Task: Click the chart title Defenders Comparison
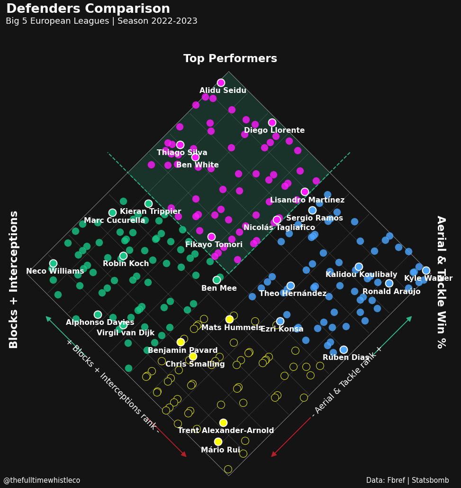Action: tap(88, 9)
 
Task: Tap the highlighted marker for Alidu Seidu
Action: tap(221, 83)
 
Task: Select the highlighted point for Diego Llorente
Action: tap(272, 122)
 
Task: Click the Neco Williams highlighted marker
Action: tap(53, 263)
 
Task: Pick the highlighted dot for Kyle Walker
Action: tap(426, 270)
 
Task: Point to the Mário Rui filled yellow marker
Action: tap(218, 442)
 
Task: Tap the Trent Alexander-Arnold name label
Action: tap(226, 431)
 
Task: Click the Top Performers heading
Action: tap(230, 58)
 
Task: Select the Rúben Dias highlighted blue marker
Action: tap(343, 350)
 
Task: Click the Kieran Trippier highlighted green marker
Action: tap(149, 203)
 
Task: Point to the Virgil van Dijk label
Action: tap(126, 333)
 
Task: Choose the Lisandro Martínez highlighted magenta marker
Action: tap(305, 192)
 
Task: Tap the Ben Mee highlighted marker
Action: tap(217, 280)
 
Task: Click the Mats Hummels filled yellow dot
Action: tap(229, 319)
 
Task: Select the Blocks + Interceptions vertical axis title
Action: tap(13, 279)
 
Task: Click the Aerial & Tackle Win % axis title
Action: tap(442, 282)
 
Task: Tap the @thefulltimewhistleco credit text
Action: tap(42, 480)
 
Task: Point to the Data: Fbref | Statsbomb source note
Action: tap(407, 480)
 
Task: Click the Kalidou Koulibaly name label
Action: tap(361, 274)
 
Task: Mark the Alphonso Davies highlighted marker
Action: tap(98, 314)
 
